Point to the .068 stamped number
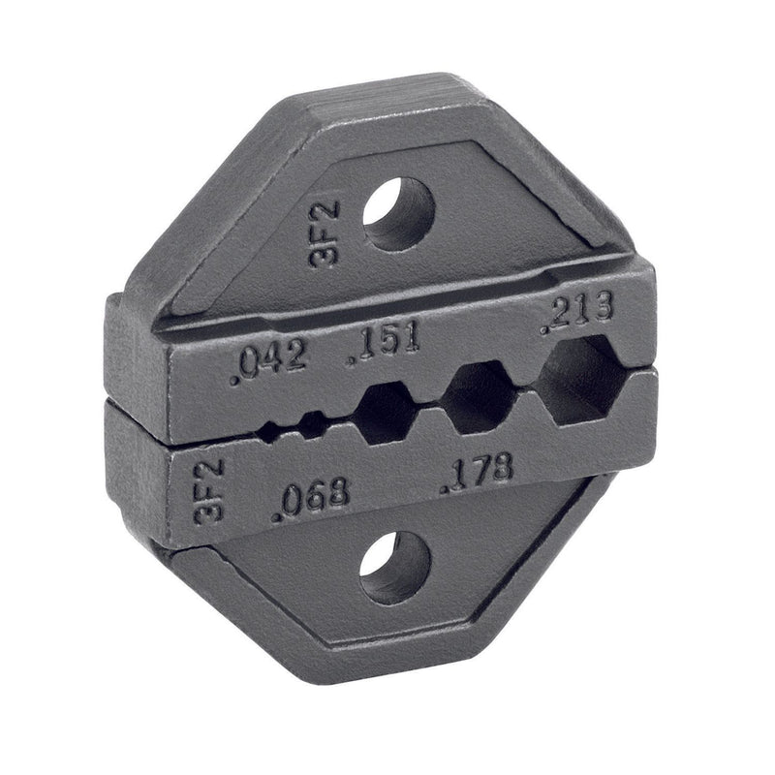tap(311, 500)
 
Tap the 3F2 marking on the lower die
tap(209, 492)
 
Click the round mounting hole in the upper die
tap(399, 213)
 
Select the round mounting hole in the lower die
tap(395, 569)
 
